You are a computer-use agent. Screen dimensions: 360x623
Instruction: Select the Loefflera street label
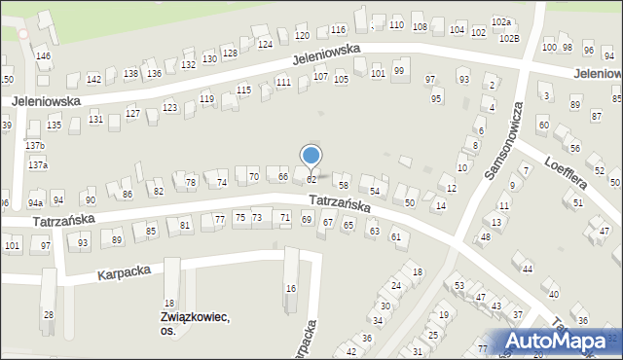(x=566, y=172)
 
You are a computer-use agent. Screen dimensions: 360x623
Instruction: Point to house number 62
(x=311, y=180)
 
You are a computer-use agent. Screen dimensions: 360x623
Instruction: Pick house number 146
(x=43, y=56)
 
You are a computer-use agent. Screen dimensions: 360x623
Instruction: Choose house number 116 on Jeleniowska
(x=338, y=30)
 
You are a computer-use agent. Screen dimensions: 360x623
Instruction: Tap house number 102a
(x=501, y=21)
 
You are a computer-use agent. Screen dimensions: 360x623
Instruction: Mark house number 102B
(x=509, y=38)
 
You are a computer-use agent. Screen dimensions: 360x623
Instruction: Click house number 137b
(x=36, y=146)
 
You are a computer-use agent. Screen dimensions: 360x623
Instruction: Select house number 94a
(x=35, y=202)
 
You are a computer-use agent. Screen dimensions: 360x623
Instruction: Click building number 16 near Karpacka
(x=290, y=289)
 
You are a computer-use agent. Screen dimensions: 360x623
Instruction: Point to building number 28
(x=48, y=315)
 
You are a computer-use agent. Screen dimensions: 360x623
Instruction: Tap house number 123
(x=169, y=107)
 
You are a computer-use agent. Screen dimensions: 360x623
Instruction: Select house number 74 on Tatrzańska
(x=222, y=182)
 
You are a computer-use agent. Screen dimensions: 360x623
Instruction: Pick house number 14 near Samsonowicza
(x=441, y=205)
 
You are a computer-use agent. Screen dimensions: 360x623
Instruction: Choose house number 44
(x=528, y=269)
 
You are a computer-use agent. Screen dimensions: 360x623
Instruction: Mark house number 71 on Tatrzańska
(x=284, y=216)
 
